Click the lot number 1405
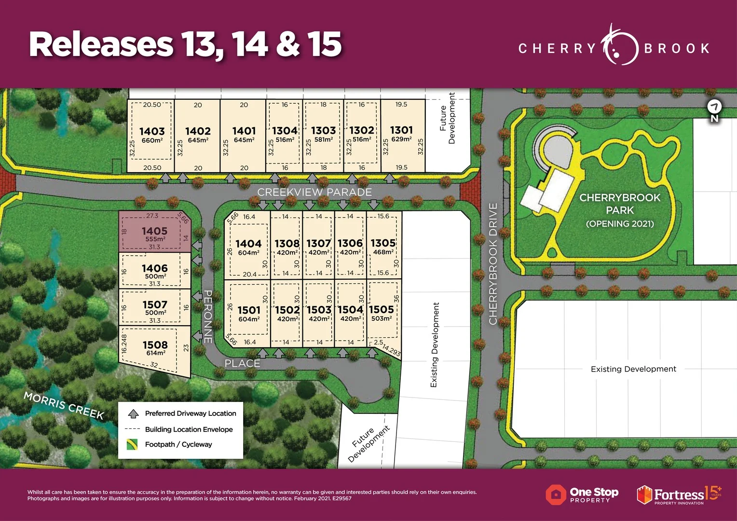tap(154, 231)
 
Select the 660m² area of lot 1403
tap(152, 140)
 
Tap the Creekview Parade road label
tap(314, 192)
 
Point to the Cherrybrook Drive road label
tap(493, 264)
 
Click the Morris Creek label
tap(64, 405)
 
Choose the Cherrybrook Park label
tap(620, 204)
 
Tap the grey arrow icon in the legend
tap(133, 413)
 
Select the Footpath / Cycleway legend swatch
tap(132, 444)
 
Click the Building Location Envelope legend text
tap(189, 429)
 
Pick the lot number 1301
tap(401, 130)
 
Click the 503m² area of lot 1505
tap(382, 318)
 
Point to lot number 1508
tap(155, 345)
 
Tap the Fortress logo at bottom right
tap(678, 495)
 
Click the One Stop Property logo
tap(582, 495)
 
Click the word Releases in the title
tap(101, 44)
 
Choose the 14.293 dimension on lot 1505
tap(391, 350)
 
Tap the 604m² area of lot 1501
tap(249, 319)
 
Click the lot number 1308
tap(287, 244)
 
